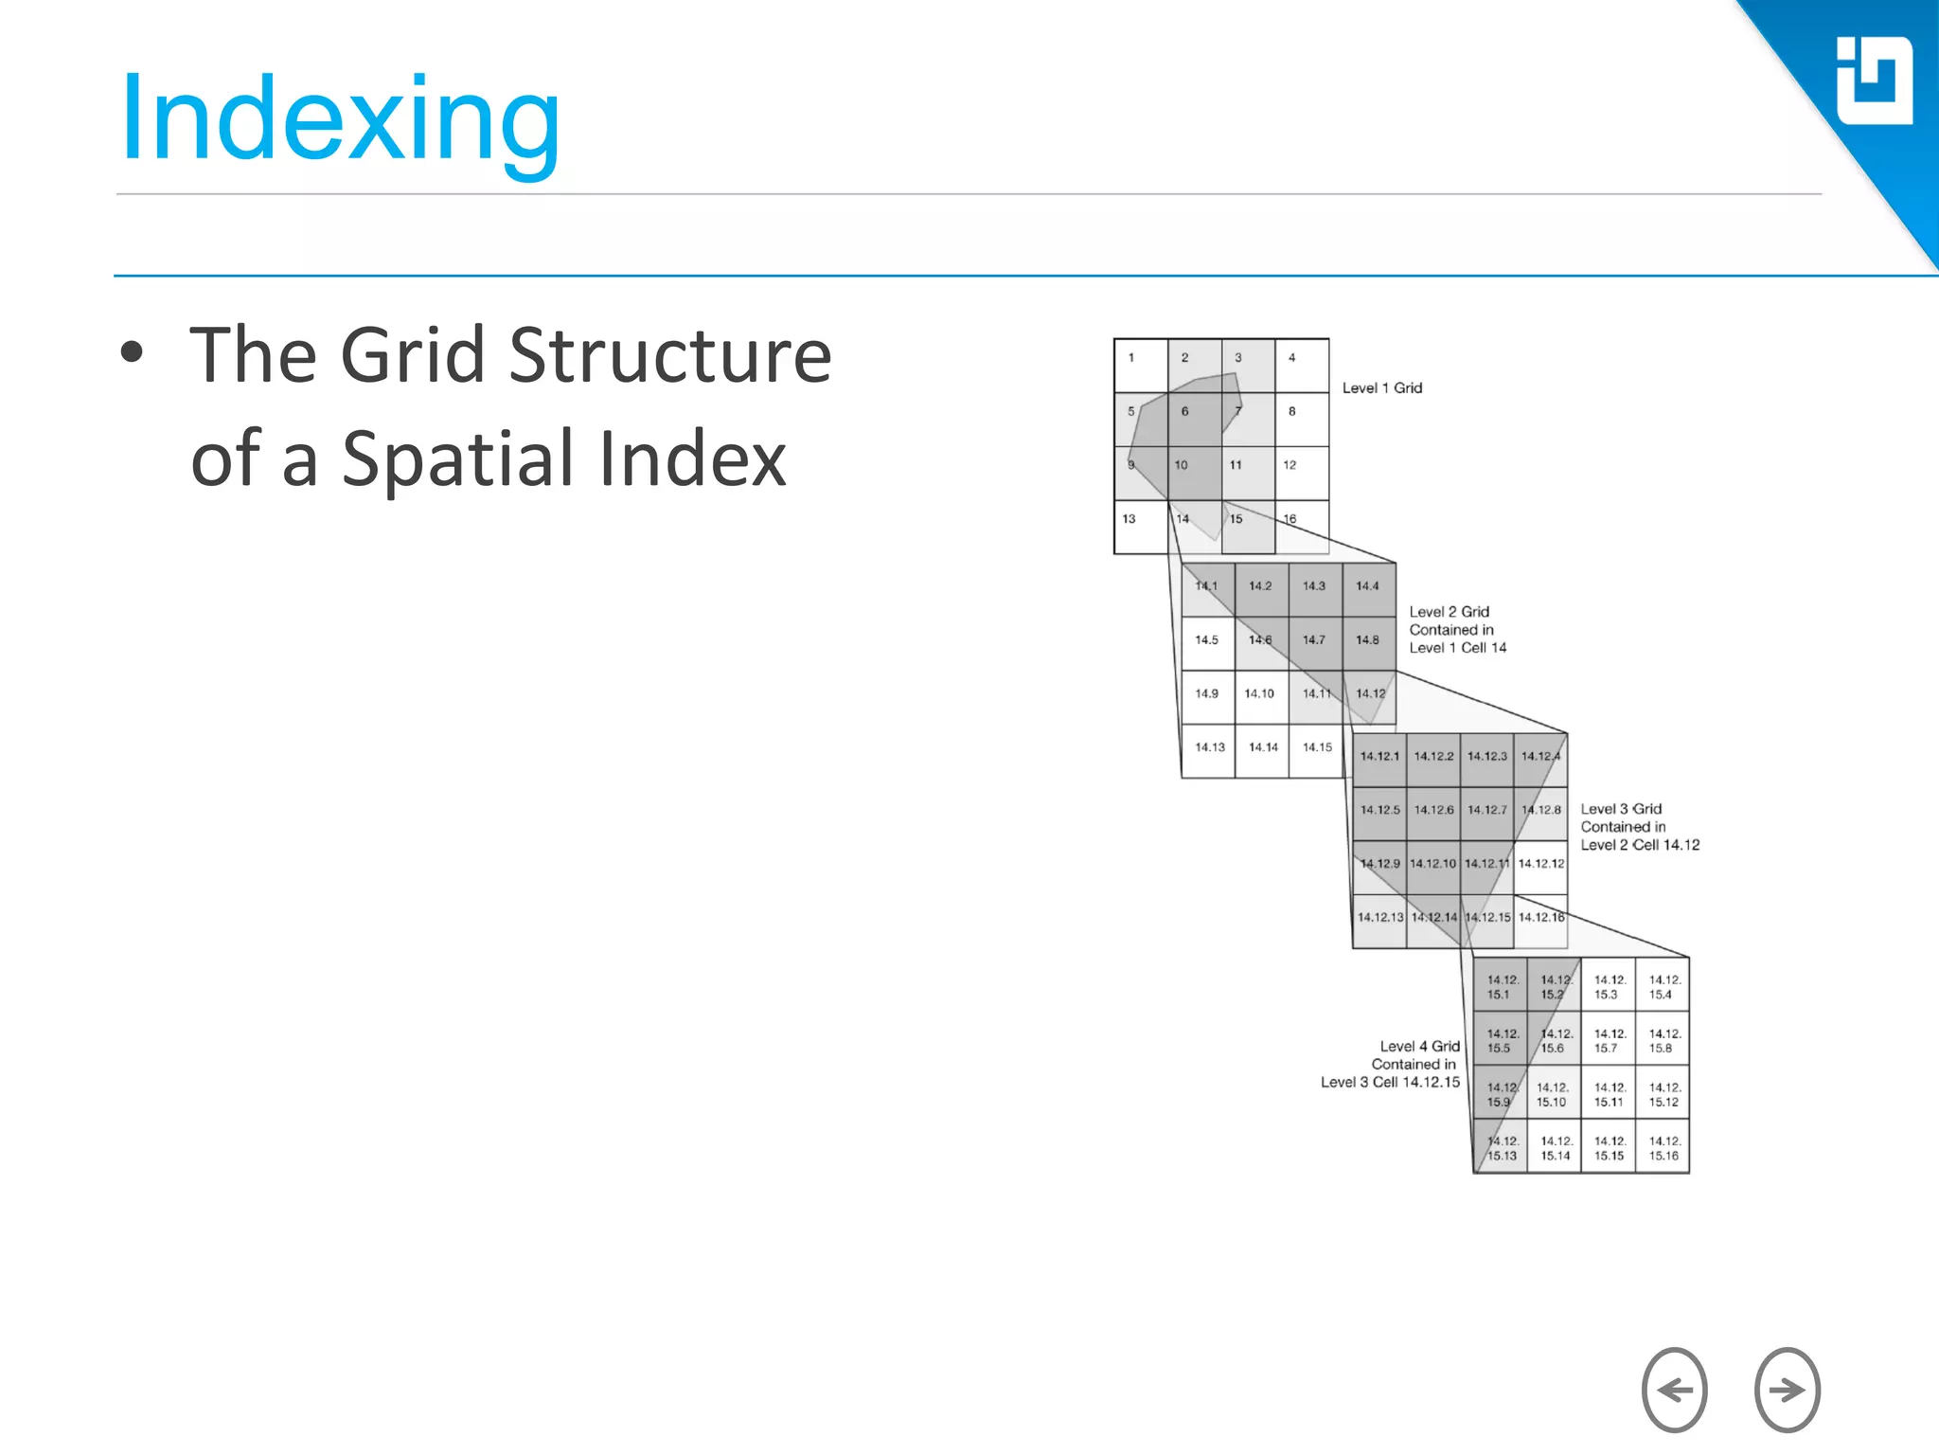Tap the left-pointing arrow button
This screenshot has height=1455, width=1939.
[x=1674, y=1390]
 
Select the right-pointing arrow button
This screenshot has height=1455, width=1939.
[x=1787, y=1390]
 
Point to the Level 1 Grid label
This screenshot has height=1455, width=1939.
[x=1382, y=388]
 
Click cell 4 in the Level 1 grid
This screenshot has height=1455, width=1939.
[x=1302, y=366]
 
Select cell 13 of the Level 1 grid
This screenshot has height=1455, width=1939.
[x=1140, y=527]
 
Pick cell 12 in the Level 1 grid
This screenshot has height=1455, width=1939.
[x=1302, y=473]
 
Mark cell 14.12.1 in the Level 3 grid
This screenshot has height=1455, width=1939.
[x=1379, y=760]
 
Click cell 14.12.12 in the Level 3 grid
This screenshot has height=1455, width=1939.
[x=1540, y=867]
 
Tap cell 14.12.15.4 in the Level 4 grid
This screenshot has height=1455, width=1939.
[x=1663, y=987]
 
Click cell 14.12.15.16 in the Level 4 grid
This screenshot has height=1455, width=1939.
[x=1663, y=1148]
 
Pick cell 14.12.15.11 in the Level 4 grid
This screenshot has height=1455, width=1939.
[x=1609, y=1094]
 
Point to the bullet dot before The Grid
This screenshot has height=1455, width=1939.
[x=132, y=352]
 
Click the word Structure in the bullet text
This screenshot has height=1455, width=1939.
[x=670, y=355]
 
